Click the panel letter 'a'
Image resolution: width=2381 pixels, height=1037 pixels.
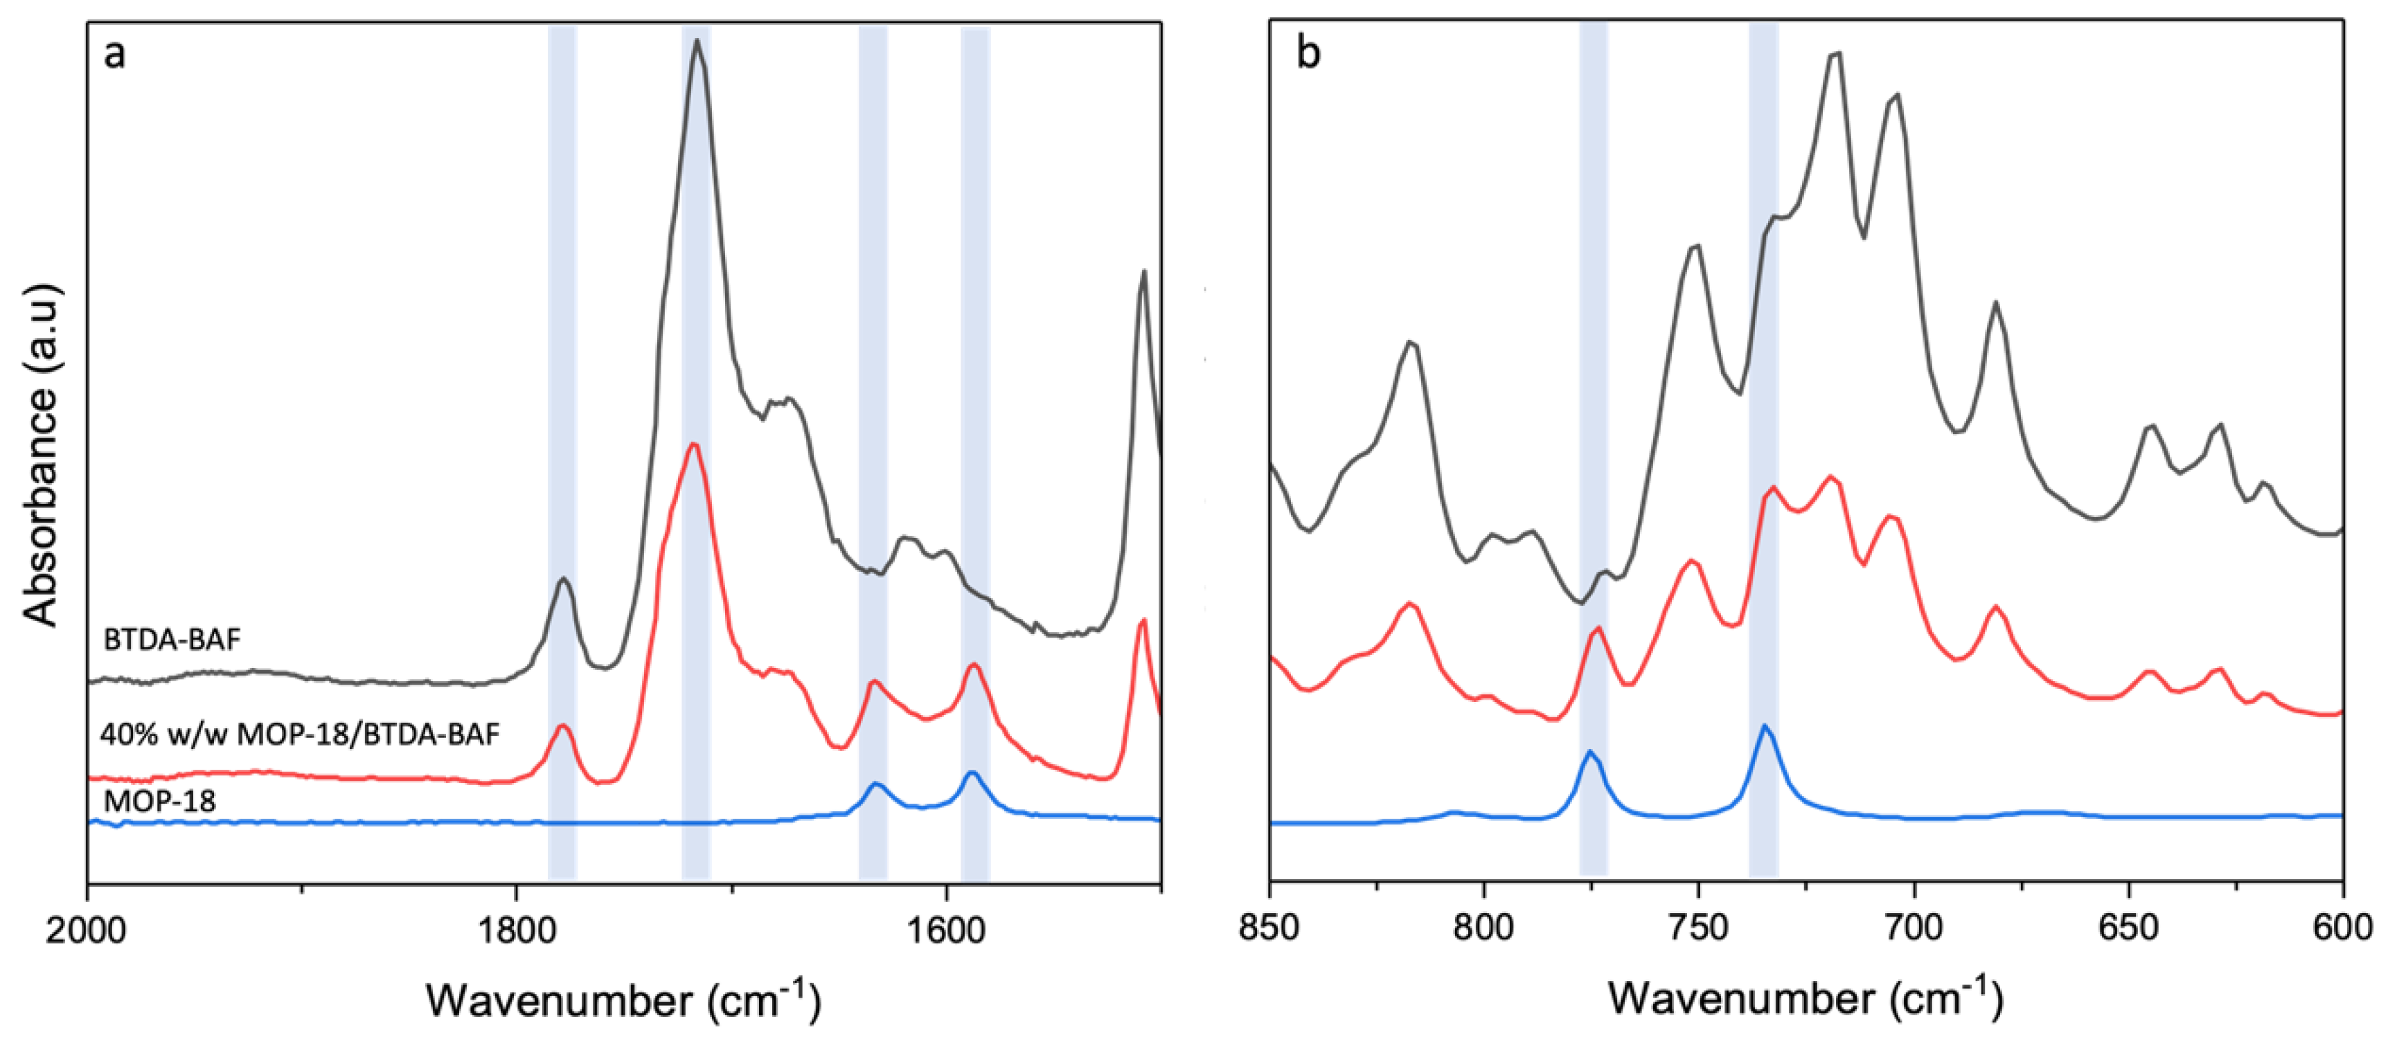tap(114, 53)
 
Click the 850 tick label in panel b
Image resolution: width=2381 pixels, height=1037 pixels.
tap(1270, 927)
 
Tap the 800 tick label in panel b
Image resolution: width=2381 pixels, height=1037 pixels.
tap(1484, 927)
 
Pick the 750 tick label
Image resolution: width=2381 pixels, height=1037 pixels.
tap(1699, 927)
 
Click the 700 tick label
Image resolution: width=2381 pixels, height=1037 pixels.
tap(1914, 927)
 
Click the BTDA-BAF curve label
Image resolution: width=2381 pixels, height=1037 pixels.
tap(172, 640)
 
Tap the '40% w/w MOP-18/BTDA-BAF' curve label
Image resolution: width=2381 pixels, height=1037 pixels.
tap(299, 734)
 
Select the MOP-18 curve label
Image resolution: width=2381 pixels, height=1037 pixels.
tap(159, 800)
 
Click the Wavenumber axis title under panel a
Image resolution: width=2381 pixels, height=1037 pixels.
tap(623, 1000)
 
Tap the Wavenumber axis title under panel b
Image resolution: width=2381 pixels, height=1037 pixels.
tap(1805, 998)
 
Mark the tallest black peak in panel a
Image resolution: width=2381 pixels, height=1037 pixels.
tap(698, 41)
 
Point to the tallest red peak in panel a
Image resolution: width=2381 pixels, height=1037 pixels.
tap(693, 444)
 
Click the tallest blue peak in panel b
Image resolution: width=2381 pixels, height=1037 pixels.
tap(1765, 725)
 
